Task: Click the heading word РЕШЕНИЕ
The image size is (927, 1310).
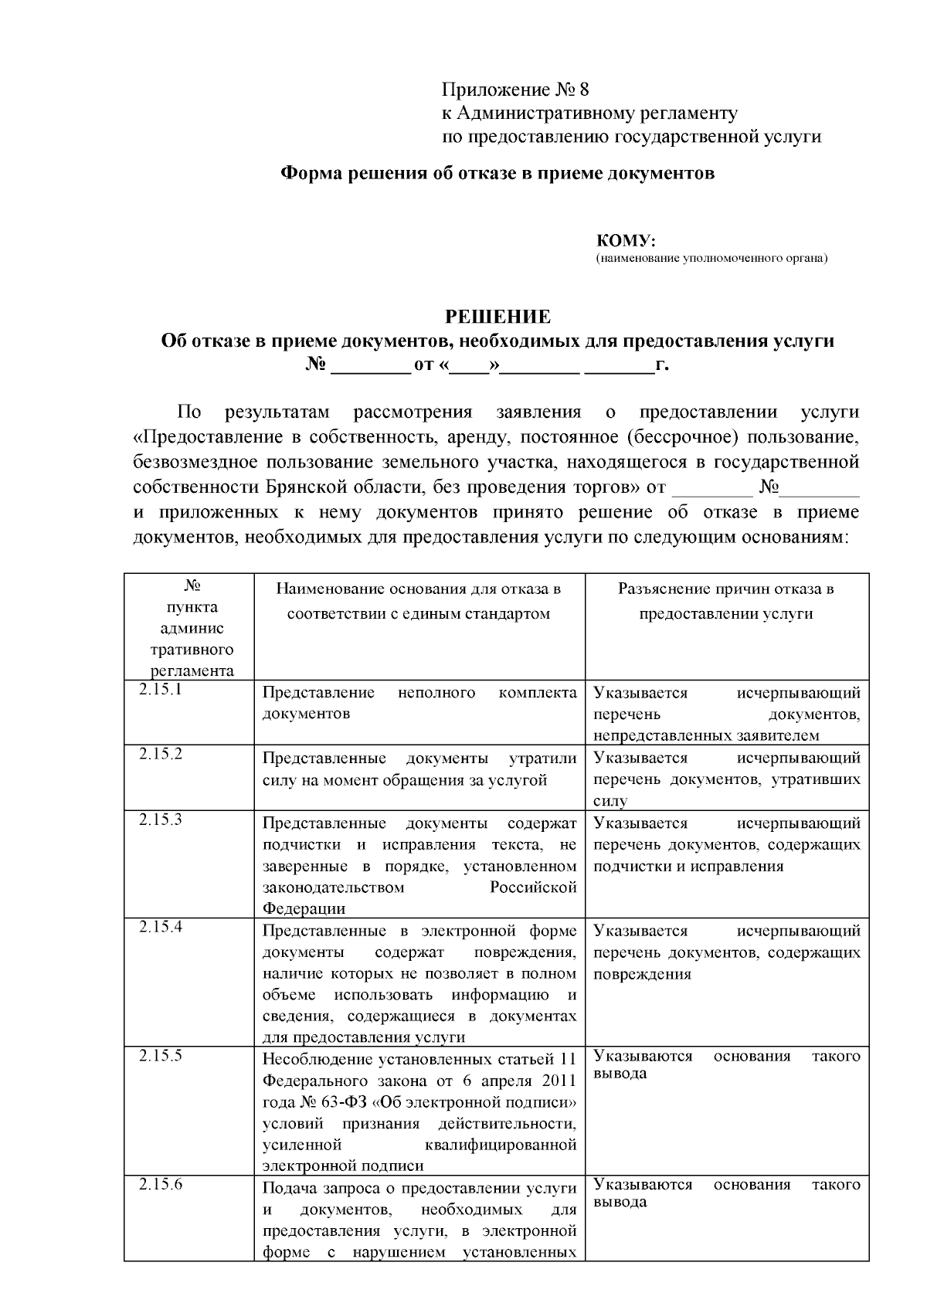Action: tap(497, 317)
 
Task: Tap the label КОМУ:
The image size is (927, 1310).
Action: tap(626, 241)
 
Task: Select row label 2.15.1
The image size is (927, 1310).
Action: tap(161, 690)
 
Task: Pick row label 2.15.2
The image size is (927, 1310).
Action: tap(161, 755)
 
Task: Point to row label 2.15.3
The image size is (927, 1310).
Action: tap(161, 820)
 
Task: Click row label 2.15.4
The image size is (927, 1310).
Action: tap(161, 927)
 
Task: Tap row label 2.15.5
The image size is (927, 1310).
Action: tap(161, 1055)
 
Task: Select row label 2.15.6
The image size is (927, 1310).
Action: tap(161, 1184)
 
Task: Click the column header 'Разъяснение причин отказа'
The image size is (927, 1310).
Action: tap(725, 589)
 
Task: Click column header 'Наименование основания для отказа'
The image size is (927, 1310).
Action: tap(419, 589)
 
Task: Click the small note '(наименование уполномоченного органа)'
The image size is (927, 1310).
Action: tap(711, 259)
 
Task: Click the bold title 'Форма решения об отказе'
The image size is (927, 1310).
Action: tap(497, 173)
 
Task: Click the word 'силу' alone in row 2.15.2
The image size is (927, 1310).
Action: tap(610, 802)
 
